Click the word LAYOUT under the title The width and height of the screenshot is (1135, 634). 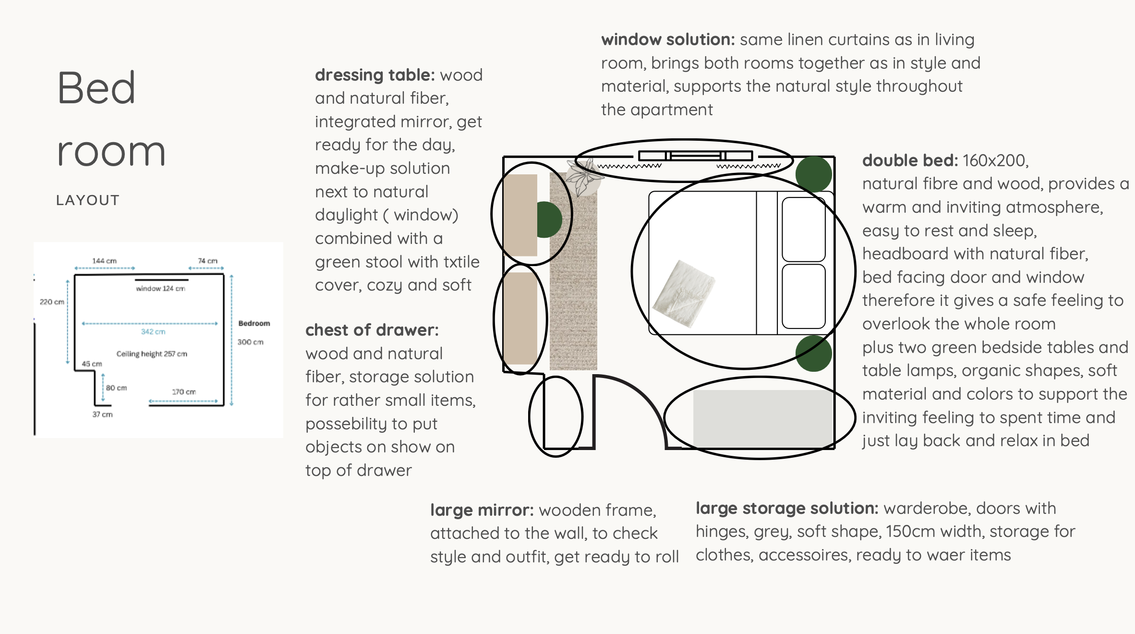point(88,200)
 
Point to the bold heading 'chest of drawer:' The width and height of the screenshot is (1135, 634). point(372,330)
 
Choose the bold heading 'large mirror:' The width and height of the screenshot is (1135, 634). point(482,510)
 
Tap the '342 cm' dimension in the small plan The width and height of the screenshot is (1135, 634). point(153,332)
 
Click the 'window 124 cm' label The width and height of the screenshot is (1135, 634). point(160,289)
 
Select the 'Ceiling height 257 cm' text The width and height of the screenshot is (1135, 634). point(152,354)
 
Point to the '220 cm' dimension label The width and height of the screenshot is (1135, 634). point(52,302)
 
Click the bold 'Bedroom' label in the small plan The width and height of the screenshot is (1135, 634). point(254,323)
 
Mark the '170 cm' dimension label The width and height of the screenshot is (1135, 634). point(184,392)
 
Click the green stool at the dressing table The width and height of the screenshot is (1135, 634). point(549,219)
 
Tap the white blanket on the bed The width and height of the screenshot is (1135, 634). point(684,294)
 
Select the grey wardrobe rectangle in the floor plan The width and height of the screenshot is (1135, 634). point(762,419)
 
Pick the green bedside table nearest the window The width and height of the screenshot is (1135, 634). point(814,174)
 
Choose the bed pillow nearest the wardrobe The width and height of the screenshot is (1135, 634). point(804,296)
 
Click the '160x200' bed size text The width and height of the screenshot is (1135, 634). point(996,160)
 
